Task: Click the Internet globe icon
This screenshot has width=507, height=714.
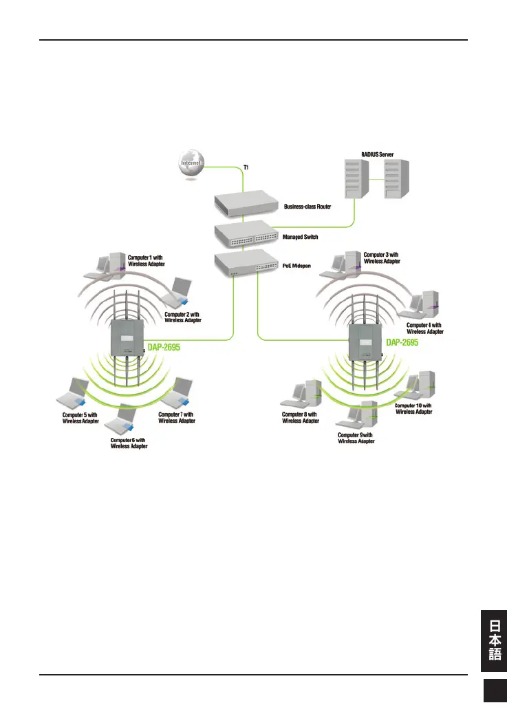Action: click(x=191, y=164)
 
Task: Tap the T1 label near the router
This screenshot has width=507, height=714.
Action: click(x=246, y=167)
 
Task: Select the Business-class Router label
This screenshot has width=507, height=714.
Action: click(x=308, y=205)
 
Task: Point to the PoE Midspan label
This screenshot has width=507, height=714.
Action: click(x=296, y=264)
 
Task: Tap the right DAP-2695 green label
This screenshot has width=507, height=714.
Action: click(x=406, y=342)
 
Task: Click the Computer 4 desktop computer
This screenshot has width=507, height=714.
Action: click(x=427, y=303)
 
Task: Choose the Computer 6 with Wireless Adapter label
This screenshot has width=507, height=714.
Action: click(x=129, y=443)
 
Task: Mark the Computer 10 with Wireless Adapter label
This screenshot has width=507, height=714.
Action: click(x=414, y=409)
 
